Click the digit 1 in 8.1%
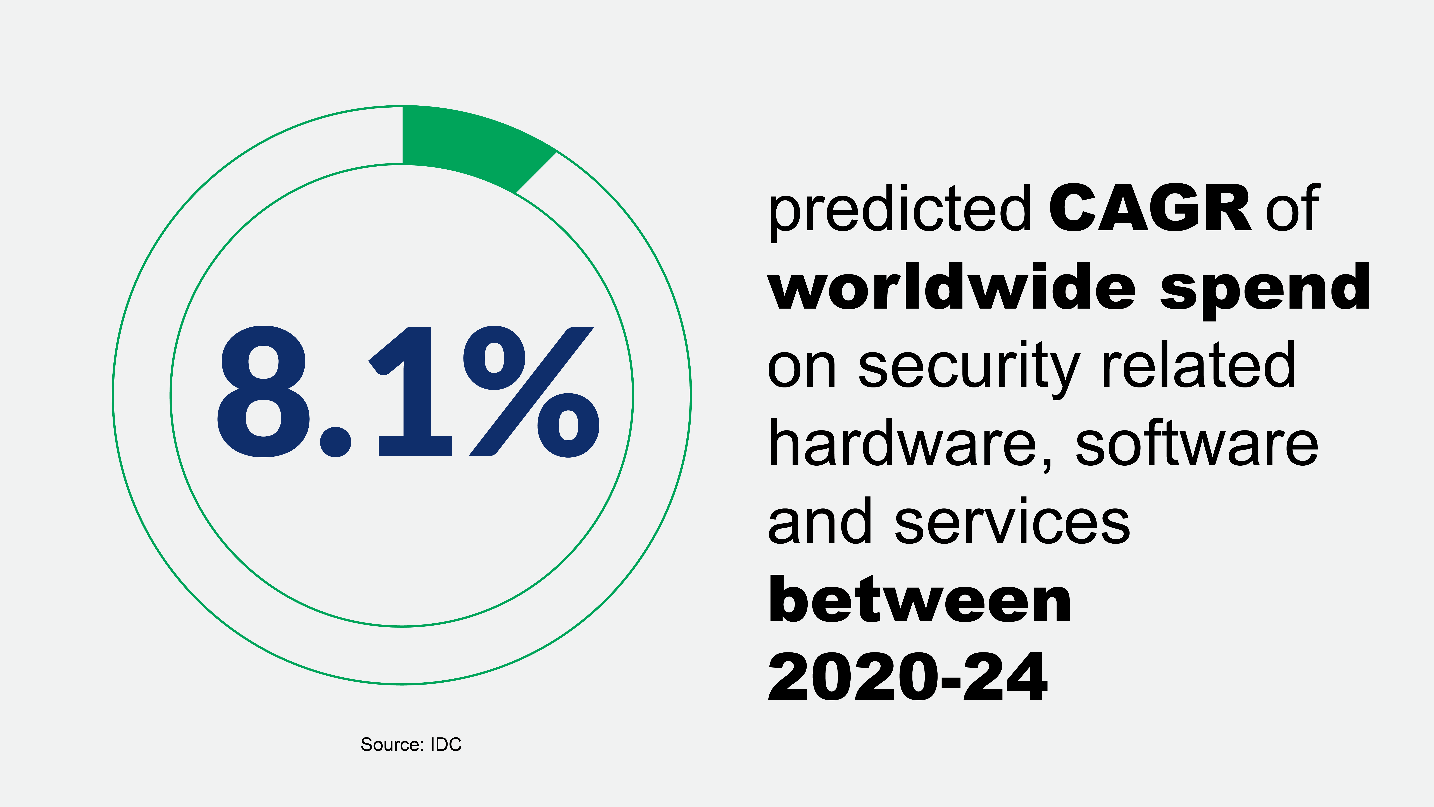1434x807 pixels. [x=412, y=392]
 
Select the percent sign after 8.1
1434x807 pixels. [x=532, y=392]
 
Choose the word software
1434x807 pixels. [x=1197, y=444]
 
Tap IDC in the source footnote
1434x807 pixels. [x=446, y=745]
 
